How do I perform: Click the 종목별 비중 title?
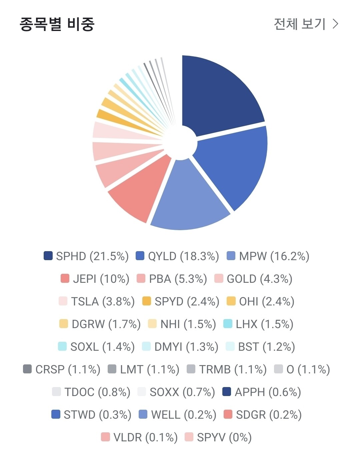coord(57,24)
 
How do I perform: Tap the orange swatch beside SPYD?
coord(147,301)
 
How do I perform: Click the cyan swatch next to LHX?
coord(228,324)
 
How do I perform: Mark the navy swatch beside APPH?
coord(227,392)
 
